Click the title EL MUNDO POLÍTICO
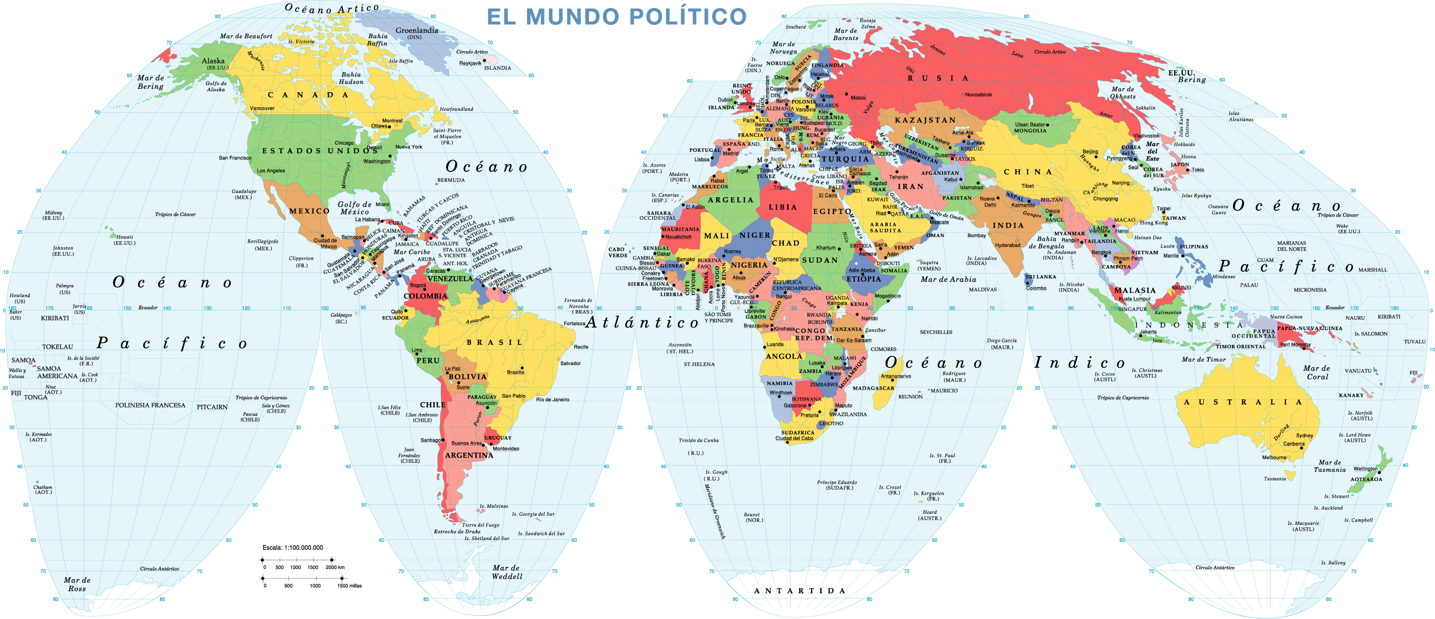tap(616, 16)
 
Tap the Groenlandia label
tap(416, 31)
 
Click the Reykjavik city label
tap(470, 63)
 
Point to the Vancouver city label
tap(262, 108)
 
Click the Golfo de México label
tap(354, 208)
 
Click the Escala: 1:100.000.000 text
tap(292, 548)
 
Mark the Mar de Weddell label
tap(506, 572)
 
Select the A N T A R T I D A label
tap(799, 591)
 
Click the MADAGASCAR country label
tap(873, 388)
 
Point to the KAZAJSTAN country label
tap(925, 120)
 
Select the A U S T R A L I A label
tap(1242, 402)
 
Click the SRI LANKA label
tap(1040, 277)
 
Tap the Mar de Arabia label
tap(948, 279)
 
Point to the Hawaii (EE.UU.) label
tap(124, 240)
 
